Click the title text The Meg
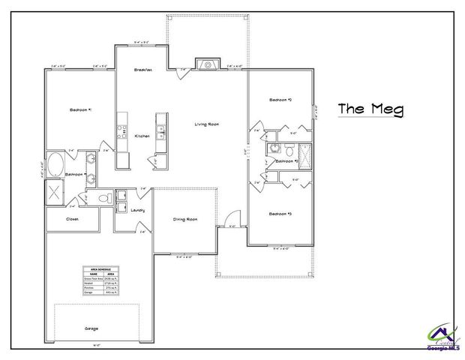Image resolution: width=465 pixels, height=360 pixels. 370,109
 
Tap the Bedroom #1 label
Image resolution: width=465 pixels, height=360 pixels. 79,109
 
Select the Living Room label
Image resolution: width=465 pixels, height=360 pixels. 206,124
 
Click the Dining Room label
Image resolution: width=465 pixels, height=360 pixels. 185,219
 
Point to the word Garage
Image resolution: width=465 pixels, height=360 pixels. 91,328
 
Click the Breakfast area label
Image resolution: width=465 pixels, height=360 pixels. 143,70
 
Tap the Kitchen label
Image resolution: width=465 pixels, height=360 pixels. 142,136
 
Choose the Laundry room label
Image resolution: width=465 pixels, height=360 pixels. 137,210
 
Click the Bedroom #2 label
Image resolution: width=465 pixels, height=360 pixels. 280,100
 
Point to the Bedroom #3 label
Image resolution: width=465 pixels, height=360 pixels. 280,214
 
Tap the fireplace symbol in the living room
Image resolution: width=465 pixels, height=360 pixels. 207,64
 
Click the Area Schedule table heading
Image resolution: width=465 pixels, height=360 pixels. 101,268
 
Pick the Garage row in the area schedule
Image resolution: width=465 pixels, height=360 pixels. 101,292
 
